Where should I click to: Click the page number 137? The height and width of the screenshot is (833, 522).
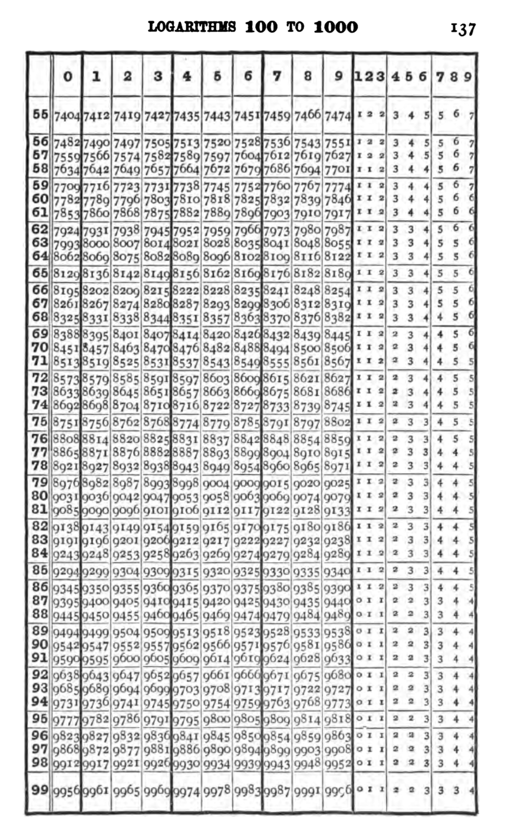463,29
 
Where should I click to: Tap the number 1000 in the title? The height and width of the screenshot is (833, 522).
335,27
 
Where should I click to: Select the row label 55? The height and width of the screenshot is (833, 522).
40,114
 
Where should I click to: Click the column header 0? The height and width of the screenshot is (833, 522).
67,77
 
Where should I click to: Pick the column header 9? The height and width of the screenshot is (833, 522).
338,76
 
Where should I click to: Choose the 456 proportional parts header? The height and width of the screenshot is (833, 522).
409,77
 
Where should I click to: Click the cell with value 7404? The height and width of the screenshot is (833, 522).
67,117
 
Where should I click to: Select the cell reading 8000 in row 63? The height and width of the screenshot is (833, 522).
96,243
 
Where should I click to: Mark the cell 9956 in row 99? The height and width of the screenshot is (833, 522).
67,792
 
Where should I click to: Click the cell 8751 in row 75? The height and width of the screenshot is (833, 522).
67,422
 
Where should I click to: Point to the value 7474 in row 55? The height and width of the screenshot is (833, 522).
338,117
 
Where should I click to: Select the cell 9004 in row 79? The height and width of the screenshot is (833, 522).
217,483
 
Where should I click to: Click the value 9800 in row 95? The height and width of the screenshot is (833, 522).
217,719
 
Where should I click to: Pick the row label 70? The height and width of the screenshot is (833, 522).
40,347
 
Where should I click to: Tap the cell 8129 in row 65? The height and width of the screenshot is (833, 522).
67,273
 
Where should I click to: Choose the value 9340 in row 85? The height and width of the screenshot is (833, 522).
338,571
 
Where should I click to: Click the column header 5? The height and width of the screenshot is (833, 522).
217,77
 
